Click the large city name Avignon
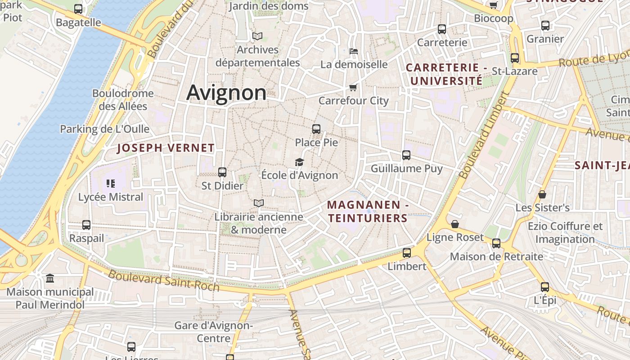click(x=226, y=93)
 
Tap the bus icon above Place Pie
click(x=316, y=129)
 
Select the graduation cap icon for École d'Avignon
click(x=299, y=162)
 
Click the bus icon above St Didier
click(x=222, y=172)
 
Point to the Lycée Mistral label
click(x=111, y=197)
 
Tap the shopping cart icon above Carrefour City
click(x=353, y=87)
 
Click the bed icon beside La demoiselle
click(x=354, y=51)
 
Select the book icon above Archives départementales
click(x=257, y=36)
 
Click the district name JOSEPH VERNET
click(x=166, y=148)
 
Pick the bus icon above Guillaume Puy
click(x=406, y=155)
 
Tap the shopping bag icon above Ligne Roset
click(x=455, y=224)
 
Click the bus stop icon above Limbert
click(x=407, y=253)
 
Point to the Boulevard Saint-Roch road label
click(x=164, y=280)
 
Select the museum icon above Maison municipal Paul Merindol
click(x=50, y=279)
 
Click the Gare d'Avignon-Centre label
click(x=213, y=332)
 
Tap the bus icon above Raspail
click(x=86, y=225)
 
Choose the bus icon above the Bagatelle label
click(x=78, y=9)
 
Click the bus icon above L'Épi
click(x=545, y=287)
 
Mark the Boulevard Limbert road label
click(x=483, y=135)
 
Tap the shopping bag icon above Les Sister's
click(x=542, y=194)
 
